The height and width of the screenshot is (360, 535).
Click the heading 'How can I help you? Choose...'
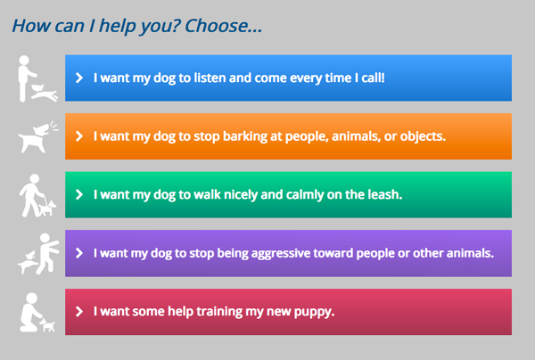136,26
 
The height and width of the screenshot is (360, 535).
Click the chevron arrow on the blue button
79,78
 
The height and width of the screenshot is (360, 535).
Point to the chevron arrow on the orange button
79,136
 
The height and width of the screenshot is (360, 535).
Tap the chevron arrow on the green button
79,194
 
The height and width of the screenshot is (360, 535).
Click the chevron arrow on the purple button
79,253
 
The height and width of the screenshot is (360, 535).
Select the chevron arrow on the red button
79,312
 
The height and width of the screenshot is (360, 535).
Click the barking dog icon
37,137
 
